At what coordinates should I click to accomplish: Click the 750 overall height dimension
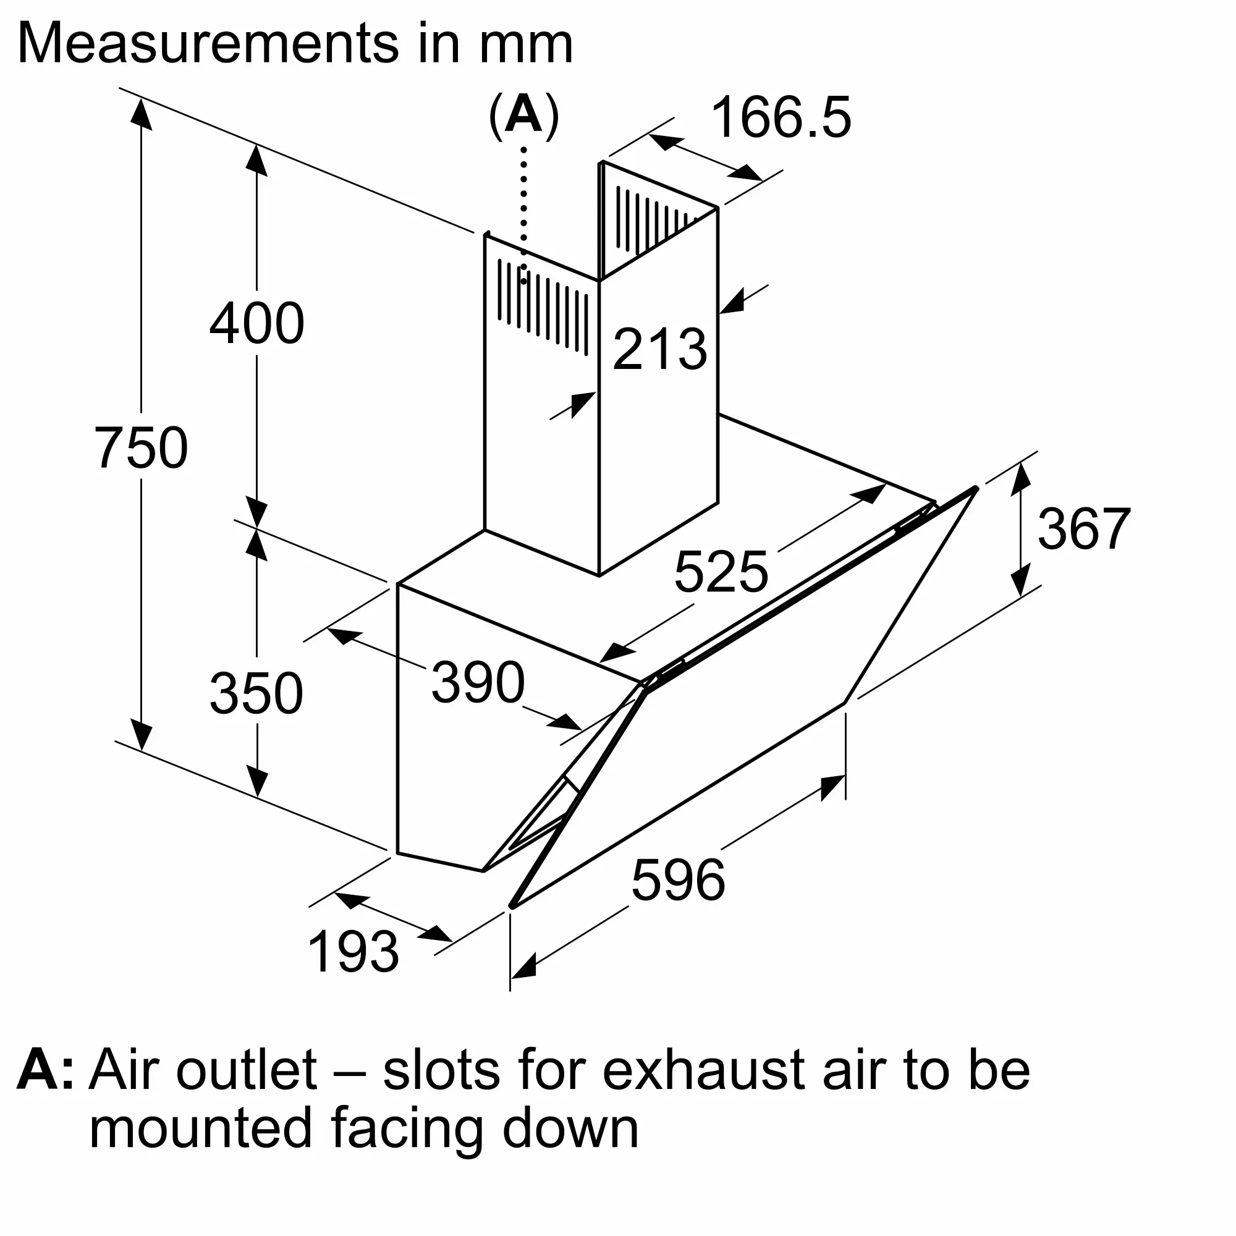pyautogui.click(x=142, y=448)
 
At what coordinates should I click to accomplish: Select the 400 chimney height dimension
pyautogui.click(x=256, y=324)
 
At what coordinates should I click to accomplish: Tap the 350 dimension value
pyautogui.click(x=256, y=693)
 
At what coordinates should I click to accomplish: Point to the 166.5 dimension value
pyautogui.click(x=781, y=117)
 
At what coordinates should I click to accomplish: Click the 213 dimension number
pyautogui.click(x=659, y=349)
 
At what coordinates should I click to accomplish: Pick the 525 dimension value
pyautogui.click(x=721, y=572)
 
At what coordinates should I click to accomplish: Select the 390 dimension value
pyautogui.click(x=478, y=683)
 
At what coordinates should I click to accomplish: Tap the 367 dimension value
pyautogui.click(x=1084, y=529)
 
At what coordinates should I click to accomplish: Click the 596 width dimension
pyautogui.click(x=678, y=880)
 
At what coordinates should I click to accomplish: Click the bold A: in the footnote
pyautogui.click(x=44, y=1069)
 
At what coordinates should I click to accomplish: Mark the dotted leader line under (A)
pyautogui.click(x=524, y=211)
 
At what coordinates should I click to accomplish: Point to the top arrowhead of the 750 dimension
pyautogui.click(x=142, y=115)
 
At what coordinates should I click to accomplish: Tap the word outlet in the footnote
pyautogui.click(x=247, y=1069)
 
